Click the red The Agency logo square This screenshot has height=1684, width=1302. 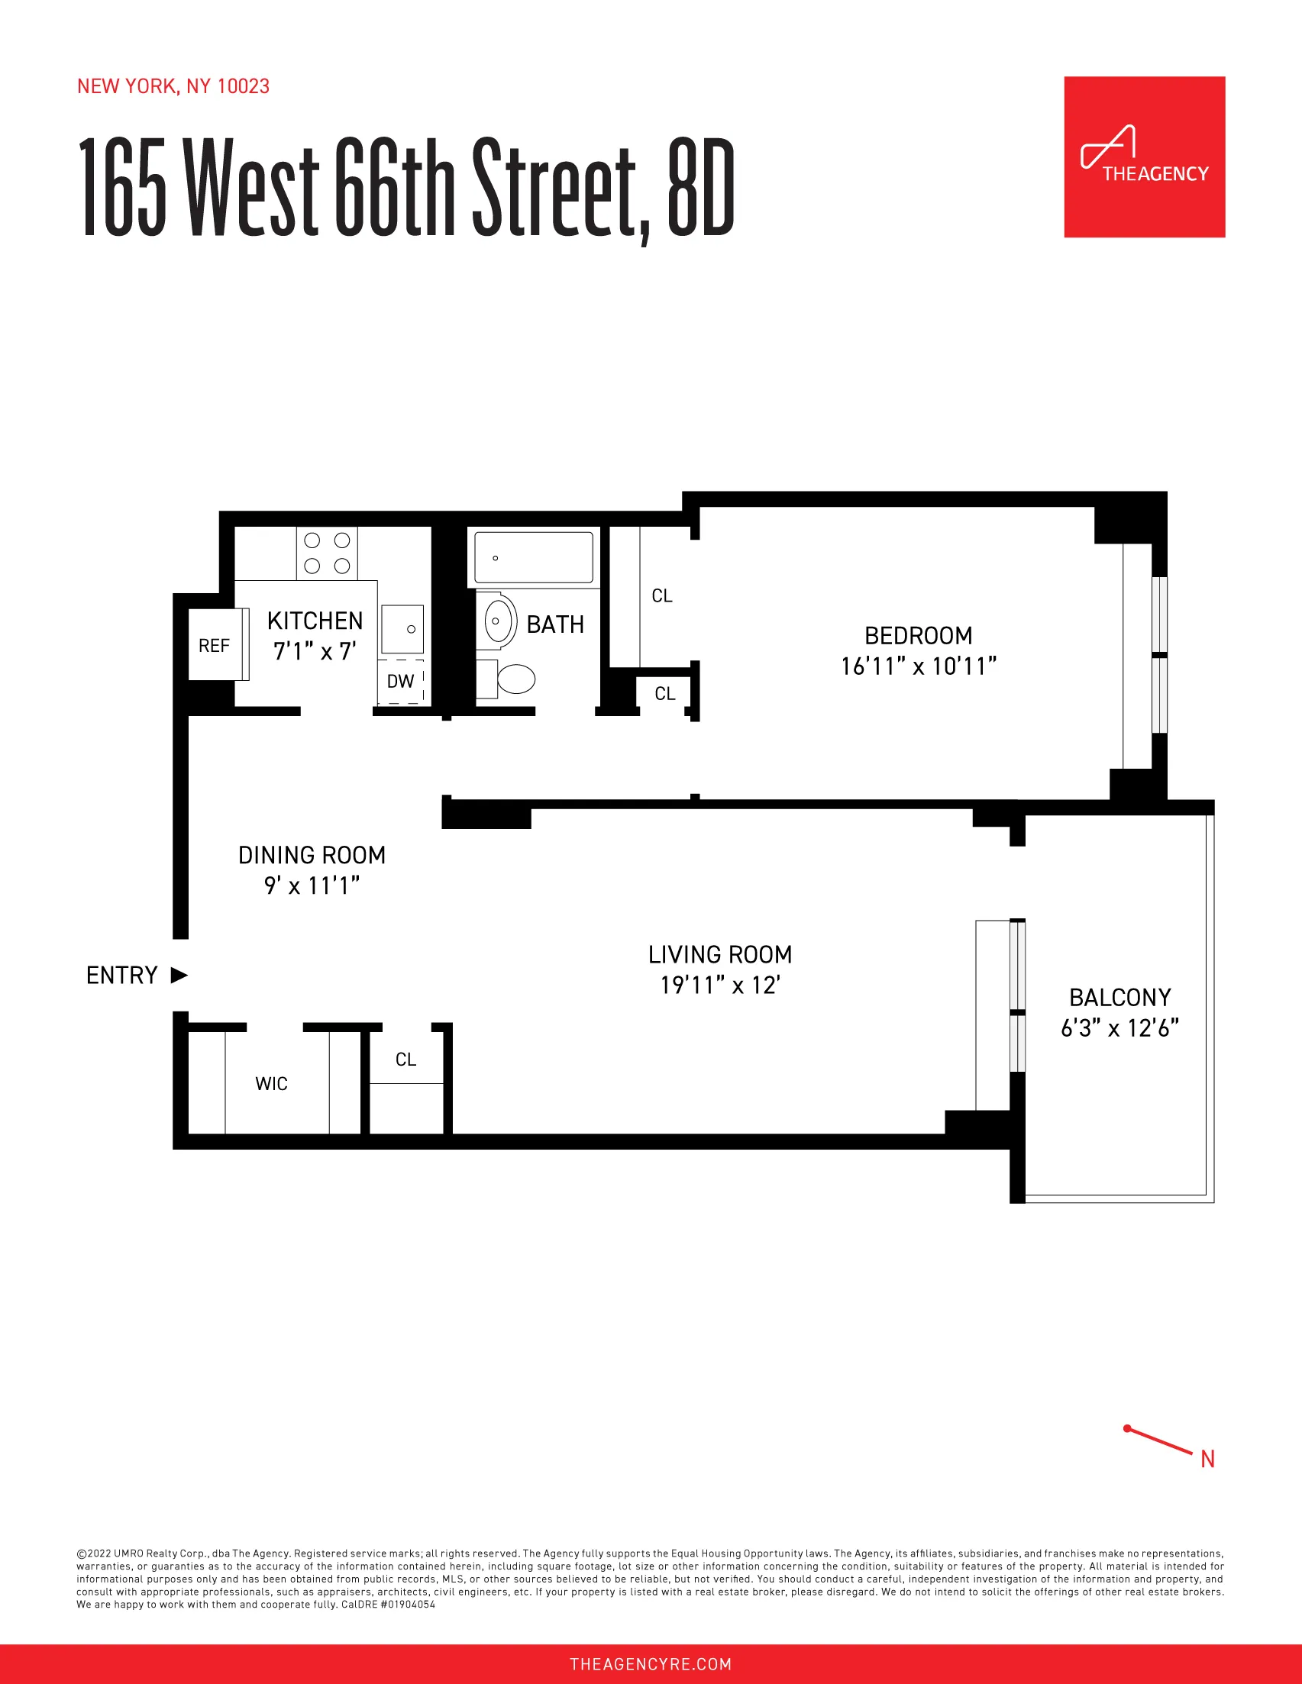pyautogui.click(x=1144, y=156)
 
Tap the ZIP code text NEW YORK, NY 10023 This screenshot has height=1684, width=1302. pyautogui.click(x=173, y=86)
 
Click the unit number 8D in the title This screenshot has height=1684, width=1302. pyautogui.click(x=700, y=187)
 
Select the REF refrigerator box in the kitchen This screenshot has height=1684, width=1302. pyautogui.click(x=215, y=644)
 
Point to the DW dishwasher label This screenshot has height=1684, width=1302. pyautogui.click(x=400, y=681)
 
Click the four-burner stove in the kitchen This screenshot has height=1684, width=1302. pyautogui.click(x=327, y=553)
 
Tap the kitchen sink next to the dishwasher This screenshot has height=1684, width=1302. pyautogui.click(x=402, y=629)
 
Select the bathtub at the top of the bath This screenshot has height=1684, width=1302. pyautogui.click(x=534, y=556)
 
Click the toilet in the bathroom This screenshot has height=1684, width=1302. pyautogui.click(x=515, y=679)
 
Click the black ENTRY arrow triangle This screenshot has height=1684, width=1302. pyautogui.click(x=179, y=975)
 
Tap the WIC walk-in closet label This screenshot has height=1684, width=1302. pyautogui.click(x=272, y=1083)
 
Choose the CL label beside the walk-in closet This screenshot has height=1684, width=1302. pyautogui.click(x=405, y=1059)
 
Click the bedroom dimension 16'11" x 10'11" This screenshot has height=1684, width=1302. pyautogui.click(x=918, y=666)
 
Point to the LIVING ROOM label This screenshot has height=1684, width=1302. pyautogui.click(x=719, y=954)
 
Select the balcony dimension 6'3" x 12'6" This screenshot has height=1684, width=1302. pyautogui.click(x=1119, y=1027)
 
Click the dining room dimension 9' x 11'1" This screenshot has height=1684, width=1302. pyautogui.click(x=312, y=886)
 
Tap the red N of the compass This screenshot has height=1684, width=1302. pyautogui.click(x=1207, y=1459)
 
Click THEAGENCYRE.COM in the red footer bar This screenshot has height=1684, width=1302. pyautogui.click(x=650, y=1663)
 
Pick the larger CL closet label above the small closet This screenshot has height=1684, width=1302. pyautogui.click(x=662, y=595)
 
